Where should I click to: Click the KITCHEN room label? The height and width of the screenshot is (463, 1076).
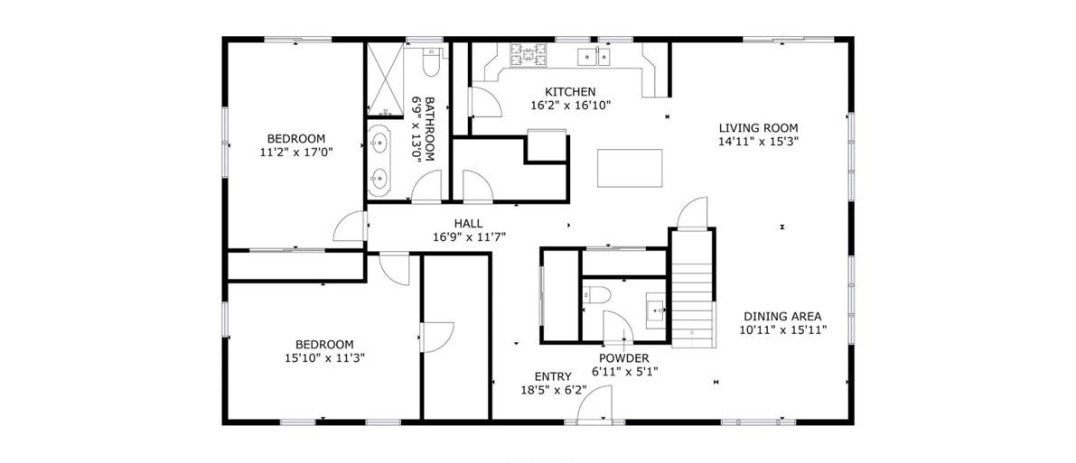click(x=570, y=92)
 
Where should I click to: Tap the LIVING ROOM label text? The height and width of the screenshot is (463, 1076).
click(x=758, y=127)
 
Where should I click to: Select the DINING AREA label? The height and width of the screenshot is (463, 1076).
click(x=782, y=316)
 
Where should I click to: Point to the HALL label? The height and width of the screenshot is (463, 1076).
click(x=468, y=224)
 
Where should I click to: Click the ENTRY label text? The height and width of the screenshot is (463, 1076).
click(x=553, y=375)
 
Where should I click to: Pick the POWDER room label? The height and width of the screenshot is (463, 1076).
click(x=623, y=358)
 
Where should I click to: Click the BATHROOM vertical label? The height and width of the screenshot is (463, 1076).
click(x=430, y=128)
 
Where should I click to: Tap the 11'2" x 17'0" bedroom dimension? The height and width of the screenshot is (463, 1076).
click(x=295, y=153)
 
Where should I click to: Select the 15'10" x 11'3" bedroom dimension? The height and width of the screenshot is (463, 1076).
click(x=324, y=357)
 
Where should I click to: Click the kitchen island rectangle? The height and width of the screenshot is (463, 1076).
click(x=630, y=168)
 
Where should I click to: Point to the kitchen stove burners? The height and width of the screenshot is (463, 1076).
click(x=528, y=55)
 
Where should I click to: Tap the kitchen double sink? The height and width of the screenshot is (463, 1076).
click(x=594, y=56)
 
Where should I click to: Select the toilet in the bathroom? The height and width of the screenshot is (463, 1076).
click(x=431, y=61)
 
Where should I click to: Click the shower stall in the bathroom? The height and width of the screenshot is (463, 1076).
click(x=385, y=79)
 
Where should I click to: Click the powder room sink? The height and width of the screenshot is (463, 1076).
click(x=655, y=310)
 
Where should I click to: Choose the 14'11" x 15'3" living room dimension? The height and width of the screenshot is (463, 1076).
click(x=758, y=142)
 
